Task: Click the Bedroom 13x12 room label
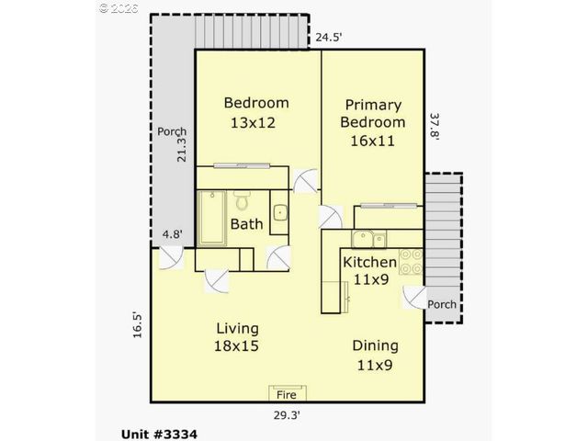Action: point(256,112)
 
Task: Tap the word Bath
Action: point(246,223)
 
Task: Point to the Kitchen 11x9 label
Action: point(369,270)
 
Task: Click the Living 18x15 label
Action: point(237,337)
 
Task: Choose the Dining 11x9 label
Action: point(376,355)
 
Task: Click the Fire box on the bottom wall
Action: point(286,394)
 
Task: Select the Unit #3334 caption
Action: point(159,433)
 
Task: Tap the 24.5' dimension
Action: point(329,38)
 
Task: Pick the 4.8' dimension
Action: point(172,234)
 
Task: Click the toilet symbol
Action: point(243,199)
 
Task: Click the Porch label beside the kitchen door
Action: point(442,305)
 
